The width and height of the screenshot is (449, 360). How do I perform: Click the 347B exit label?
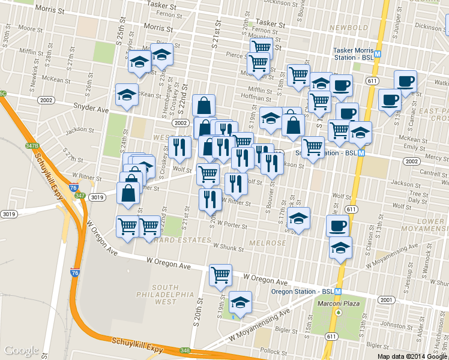[31, 146]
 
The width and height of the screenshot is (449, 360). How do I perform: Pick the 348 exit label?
[184, 350]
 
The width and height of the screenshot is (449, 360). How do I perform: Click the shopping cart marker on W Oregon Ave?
[220, 275]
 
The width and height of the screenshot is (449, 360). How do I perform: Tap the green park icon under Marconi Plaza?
[339, 312]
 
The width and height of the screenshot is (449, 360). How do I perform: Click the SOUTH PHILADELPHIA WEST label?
[165, 295]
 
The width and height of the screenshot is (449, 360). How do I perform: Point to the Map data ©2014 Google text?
[412, 356]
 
